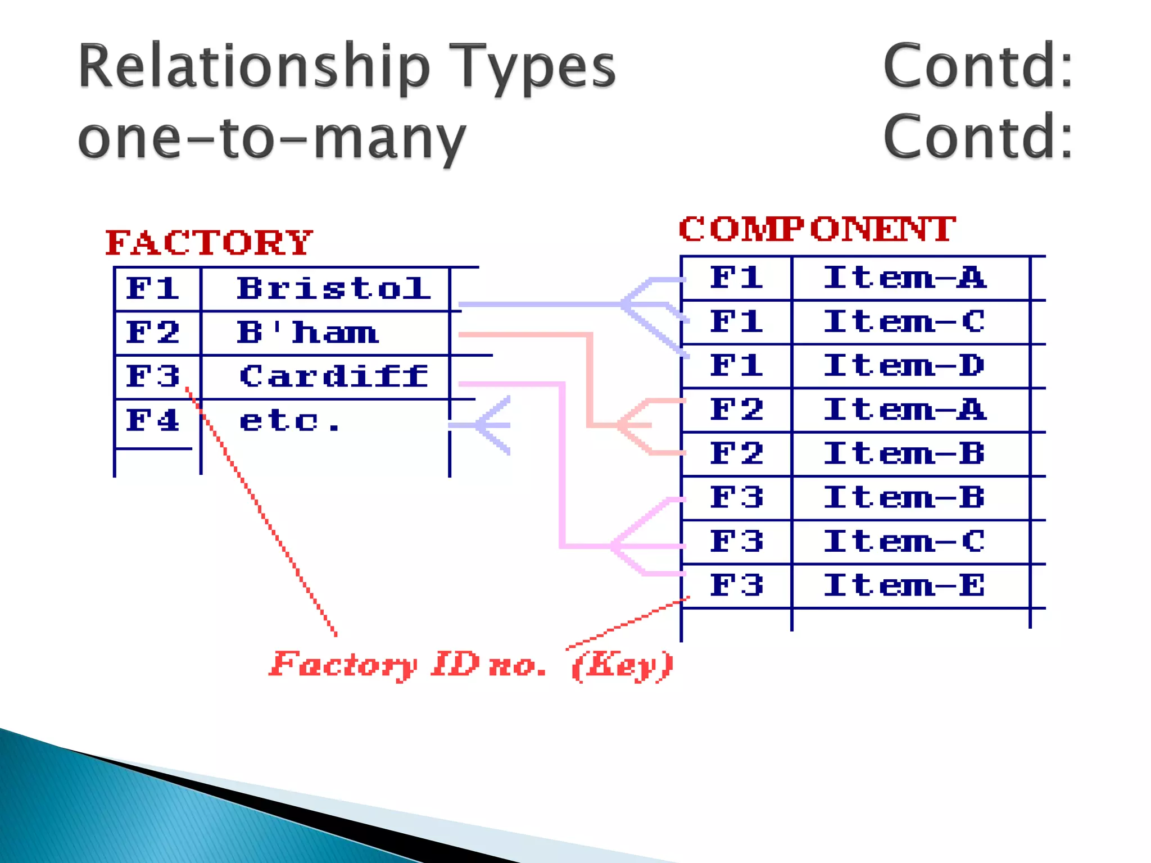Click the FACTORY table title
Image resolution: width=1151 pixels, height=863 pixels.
point(209,243)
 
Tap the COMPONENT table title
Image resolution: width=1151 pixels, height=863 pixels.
point(817,229)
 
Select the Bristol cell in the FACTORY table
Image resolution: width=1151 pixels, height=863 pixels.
point(333,289)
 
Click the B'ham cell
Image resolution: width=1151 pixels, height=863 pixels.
point(307,333)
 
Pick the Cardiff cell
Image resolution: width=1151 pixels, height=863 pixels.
point(333,376)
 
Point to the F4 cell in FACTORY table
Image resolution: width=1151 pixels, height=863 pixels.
point(153,420)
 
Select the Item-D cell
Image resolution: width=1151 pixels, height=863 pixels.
point(904,366)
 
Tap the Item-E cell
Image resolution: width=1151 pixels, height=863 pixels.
point(904,585)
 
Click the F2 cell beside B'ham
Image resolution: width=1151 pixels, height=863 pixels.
point(153,333)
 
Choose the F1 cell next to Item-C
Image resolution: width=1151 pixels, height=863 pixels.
point(736,322)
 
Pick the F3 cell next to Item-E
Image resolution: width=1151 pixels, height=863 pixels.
point(736,585)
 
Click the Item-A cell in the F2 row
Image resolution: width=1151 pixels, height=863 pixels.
point(904,410)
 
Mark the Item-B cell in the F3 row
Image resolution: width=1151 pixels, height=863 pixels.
point(904,498)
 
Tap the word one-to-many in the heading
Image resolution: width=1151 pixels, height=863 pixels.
point(272,138)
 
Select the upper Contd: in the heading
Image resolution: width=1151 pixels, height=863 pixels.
point(978,66)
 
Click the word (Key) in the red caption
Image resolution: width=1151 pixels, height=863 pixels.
point(622,666)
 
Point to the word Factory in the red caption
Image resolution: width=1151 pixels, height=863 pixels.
point(343,666)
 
